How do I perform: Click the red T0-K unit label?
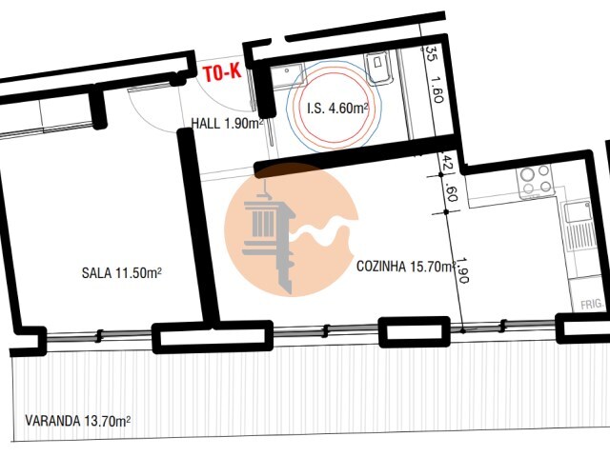tap(223, 73)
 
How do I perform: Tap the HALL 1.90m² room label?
tap(227, 124)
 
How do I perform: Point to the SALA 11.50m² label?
tap(121, 273)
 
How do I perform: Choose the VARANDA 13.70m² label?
tap(78, 421)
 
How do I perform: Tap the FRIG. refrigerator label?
tap(592, 305)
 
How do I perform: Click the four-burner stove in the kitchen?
tap(537, 181)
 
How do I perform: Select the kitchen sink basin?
tap(579, 213)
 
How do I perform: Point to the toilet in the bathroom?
tap(377, 69)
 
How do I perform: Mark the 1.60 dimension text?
tap(437, 90)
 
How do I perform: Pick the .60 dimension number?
tap(451, 192)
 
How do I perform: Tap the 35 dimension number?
tap(431, 53)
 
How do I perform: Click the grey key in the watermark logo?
tap(269, 238)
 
